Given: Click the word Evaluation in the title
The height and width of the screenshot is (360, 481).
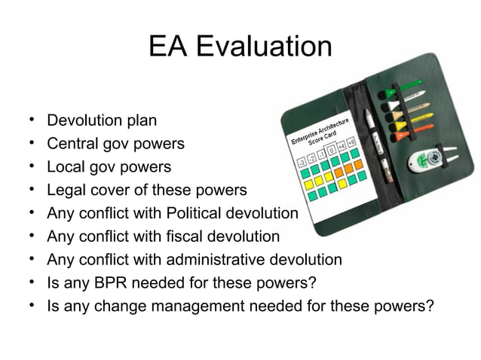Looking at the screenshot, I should [264, 47].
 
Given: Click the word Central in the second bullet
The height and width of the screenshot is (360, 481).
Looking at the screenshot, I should [72, 143].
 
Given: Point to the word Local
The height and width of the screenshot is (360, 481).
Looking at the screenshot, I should [66, 166].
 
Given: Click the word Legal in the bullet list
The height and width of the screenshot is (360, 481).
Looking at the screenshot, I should [66, 190].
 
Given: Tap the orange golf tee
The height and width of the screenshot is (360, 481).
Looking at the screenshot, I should [411, 131].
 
